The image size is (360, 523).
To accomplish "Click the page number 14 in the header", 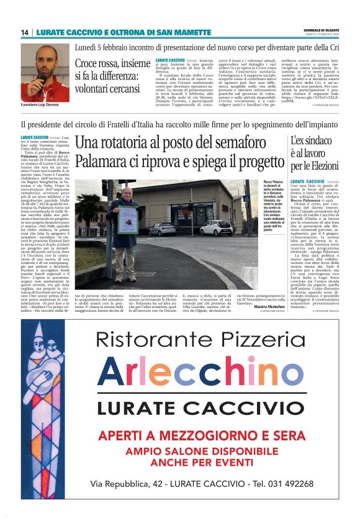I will pyautogui.click(x=25, y=32).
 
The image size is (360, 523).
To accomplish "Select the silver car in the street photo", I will pyautogui.click(x=162, y=229).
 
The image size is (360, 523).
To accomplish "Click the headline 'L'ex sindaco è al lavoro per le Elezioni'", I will pyautogui.click(x=314, y=153).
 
